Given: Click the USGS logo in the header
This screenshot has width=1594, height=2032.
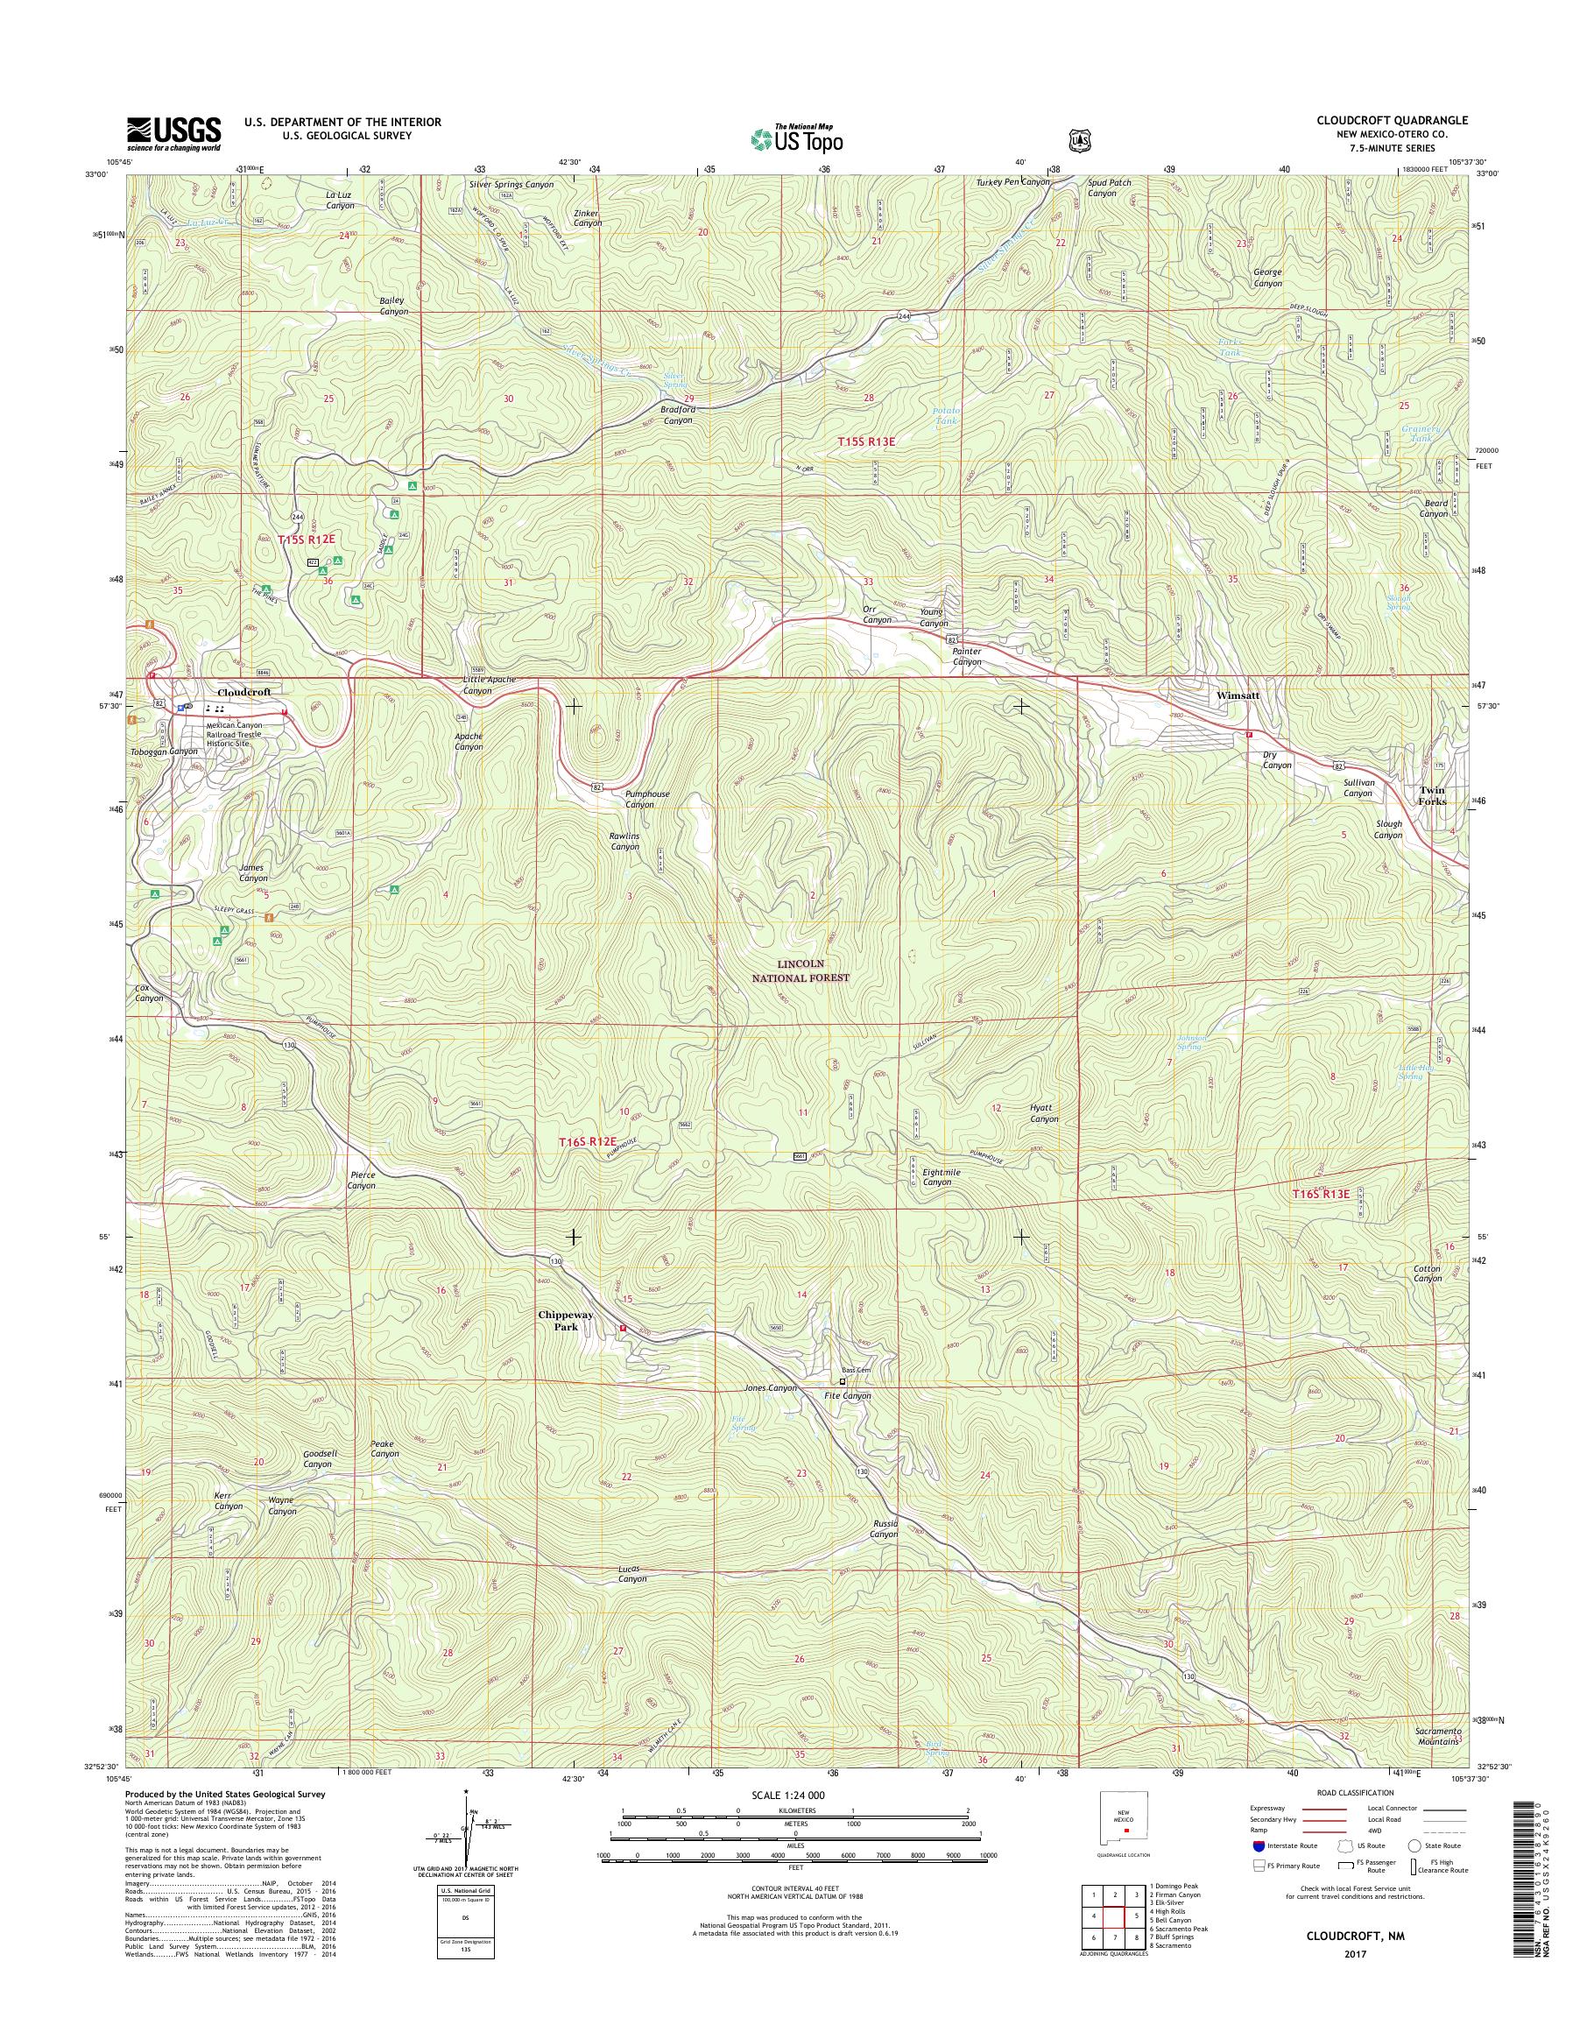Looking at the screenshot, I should coord(173,132).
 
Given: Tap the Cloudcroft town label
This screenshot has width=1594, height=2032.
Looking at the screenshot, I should coord(243,693).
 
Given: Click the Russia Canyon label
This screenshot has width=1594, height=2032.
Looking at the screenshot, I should coord(884,1529).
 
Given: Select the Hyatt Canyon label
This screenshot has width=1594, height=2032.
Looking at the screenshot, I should coord(1043,1112).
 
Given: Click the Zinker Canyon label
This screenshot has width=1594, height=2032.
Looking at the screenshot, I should coord(587,219).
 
